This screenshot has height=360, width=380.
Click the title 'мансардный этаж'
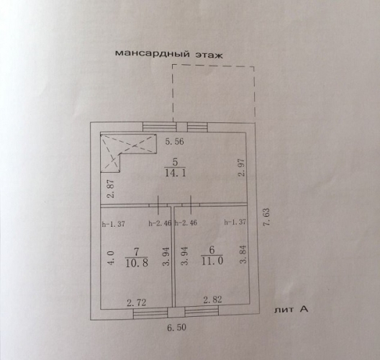coord(168,54)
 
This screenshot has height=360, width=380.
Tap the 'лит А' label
coord(291,310)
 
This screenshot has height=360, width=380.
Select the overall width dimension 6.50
coord(176,328)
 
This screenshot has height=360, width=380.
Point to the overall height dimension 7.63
coord(266,217)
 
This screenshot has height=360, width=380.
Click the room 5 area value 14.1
coord(175,173)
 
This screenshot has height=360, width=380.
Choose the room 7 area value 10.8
coord(137,263)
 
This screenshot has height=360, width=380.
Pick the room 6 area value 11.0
coord(212,261)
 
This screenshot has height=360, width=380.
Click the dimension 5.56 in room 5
coord(174,141)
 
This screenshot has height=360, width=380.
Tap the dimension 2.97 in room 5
coord(242,167)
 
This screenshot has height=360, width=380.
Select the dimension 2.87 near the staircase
coord(111,189)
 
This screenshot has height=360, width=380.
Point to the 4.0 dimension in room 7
coord(110,258)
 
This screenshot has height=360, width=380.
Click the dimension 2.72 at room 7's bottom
coord(137,302)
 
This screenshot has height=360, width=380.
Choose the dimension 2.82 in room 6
coord(212,300)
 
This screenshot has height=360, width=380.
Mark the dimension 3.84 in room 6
coord(243,254)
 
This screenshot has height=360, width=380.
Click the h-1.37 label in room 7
coord(114,224)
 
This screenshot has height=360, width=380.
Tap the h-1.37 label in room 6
coord(235,222)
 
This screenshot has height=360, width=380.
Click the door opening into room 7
coord(158,205)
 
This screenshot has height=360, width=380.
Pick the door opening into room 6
coord(191,205)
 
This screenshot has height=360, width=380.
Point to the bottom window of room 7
coord(150,313)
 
